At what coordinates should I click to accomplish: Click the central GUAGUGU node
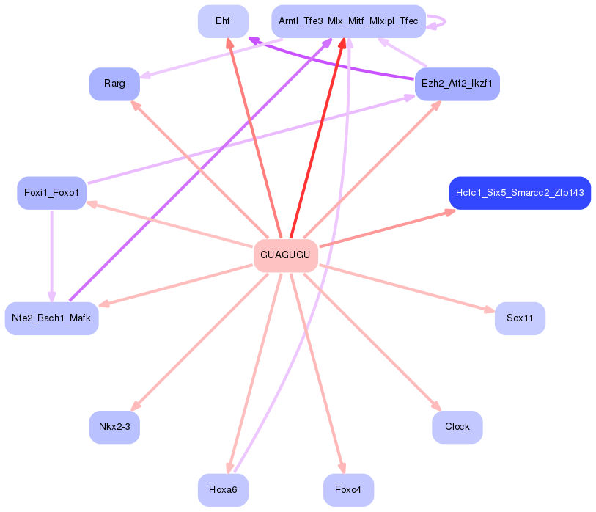coord(285,255)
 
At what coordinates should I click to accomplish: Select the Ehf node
coord(223,21)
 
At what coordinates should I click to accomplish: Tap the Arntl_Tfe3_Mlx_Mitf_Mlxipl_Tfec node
coord(348,21)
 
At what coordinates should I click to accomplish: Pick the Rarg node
coord(114,84)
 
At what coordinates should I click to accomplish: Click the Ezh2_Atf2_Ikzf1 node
coord(457,84)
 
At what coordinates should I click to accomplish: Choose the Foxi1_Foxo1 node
coord(51,193)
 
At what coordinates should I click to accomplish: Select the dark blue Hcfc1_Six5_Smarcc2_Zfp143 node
coord(519,193)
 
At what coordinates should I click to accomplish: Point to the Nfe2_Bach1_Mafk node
coord(51,318)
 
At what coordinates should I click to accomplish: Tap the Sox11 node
coord(520,318)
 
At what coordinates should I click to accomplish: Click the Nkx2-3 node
coord(114,427)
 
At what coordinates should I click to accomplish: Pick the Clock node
coord(457,427)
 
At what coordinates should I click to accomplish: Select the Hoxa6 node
coord(223,490)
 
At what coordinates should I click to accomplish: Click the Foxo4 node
coord(348,490)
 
